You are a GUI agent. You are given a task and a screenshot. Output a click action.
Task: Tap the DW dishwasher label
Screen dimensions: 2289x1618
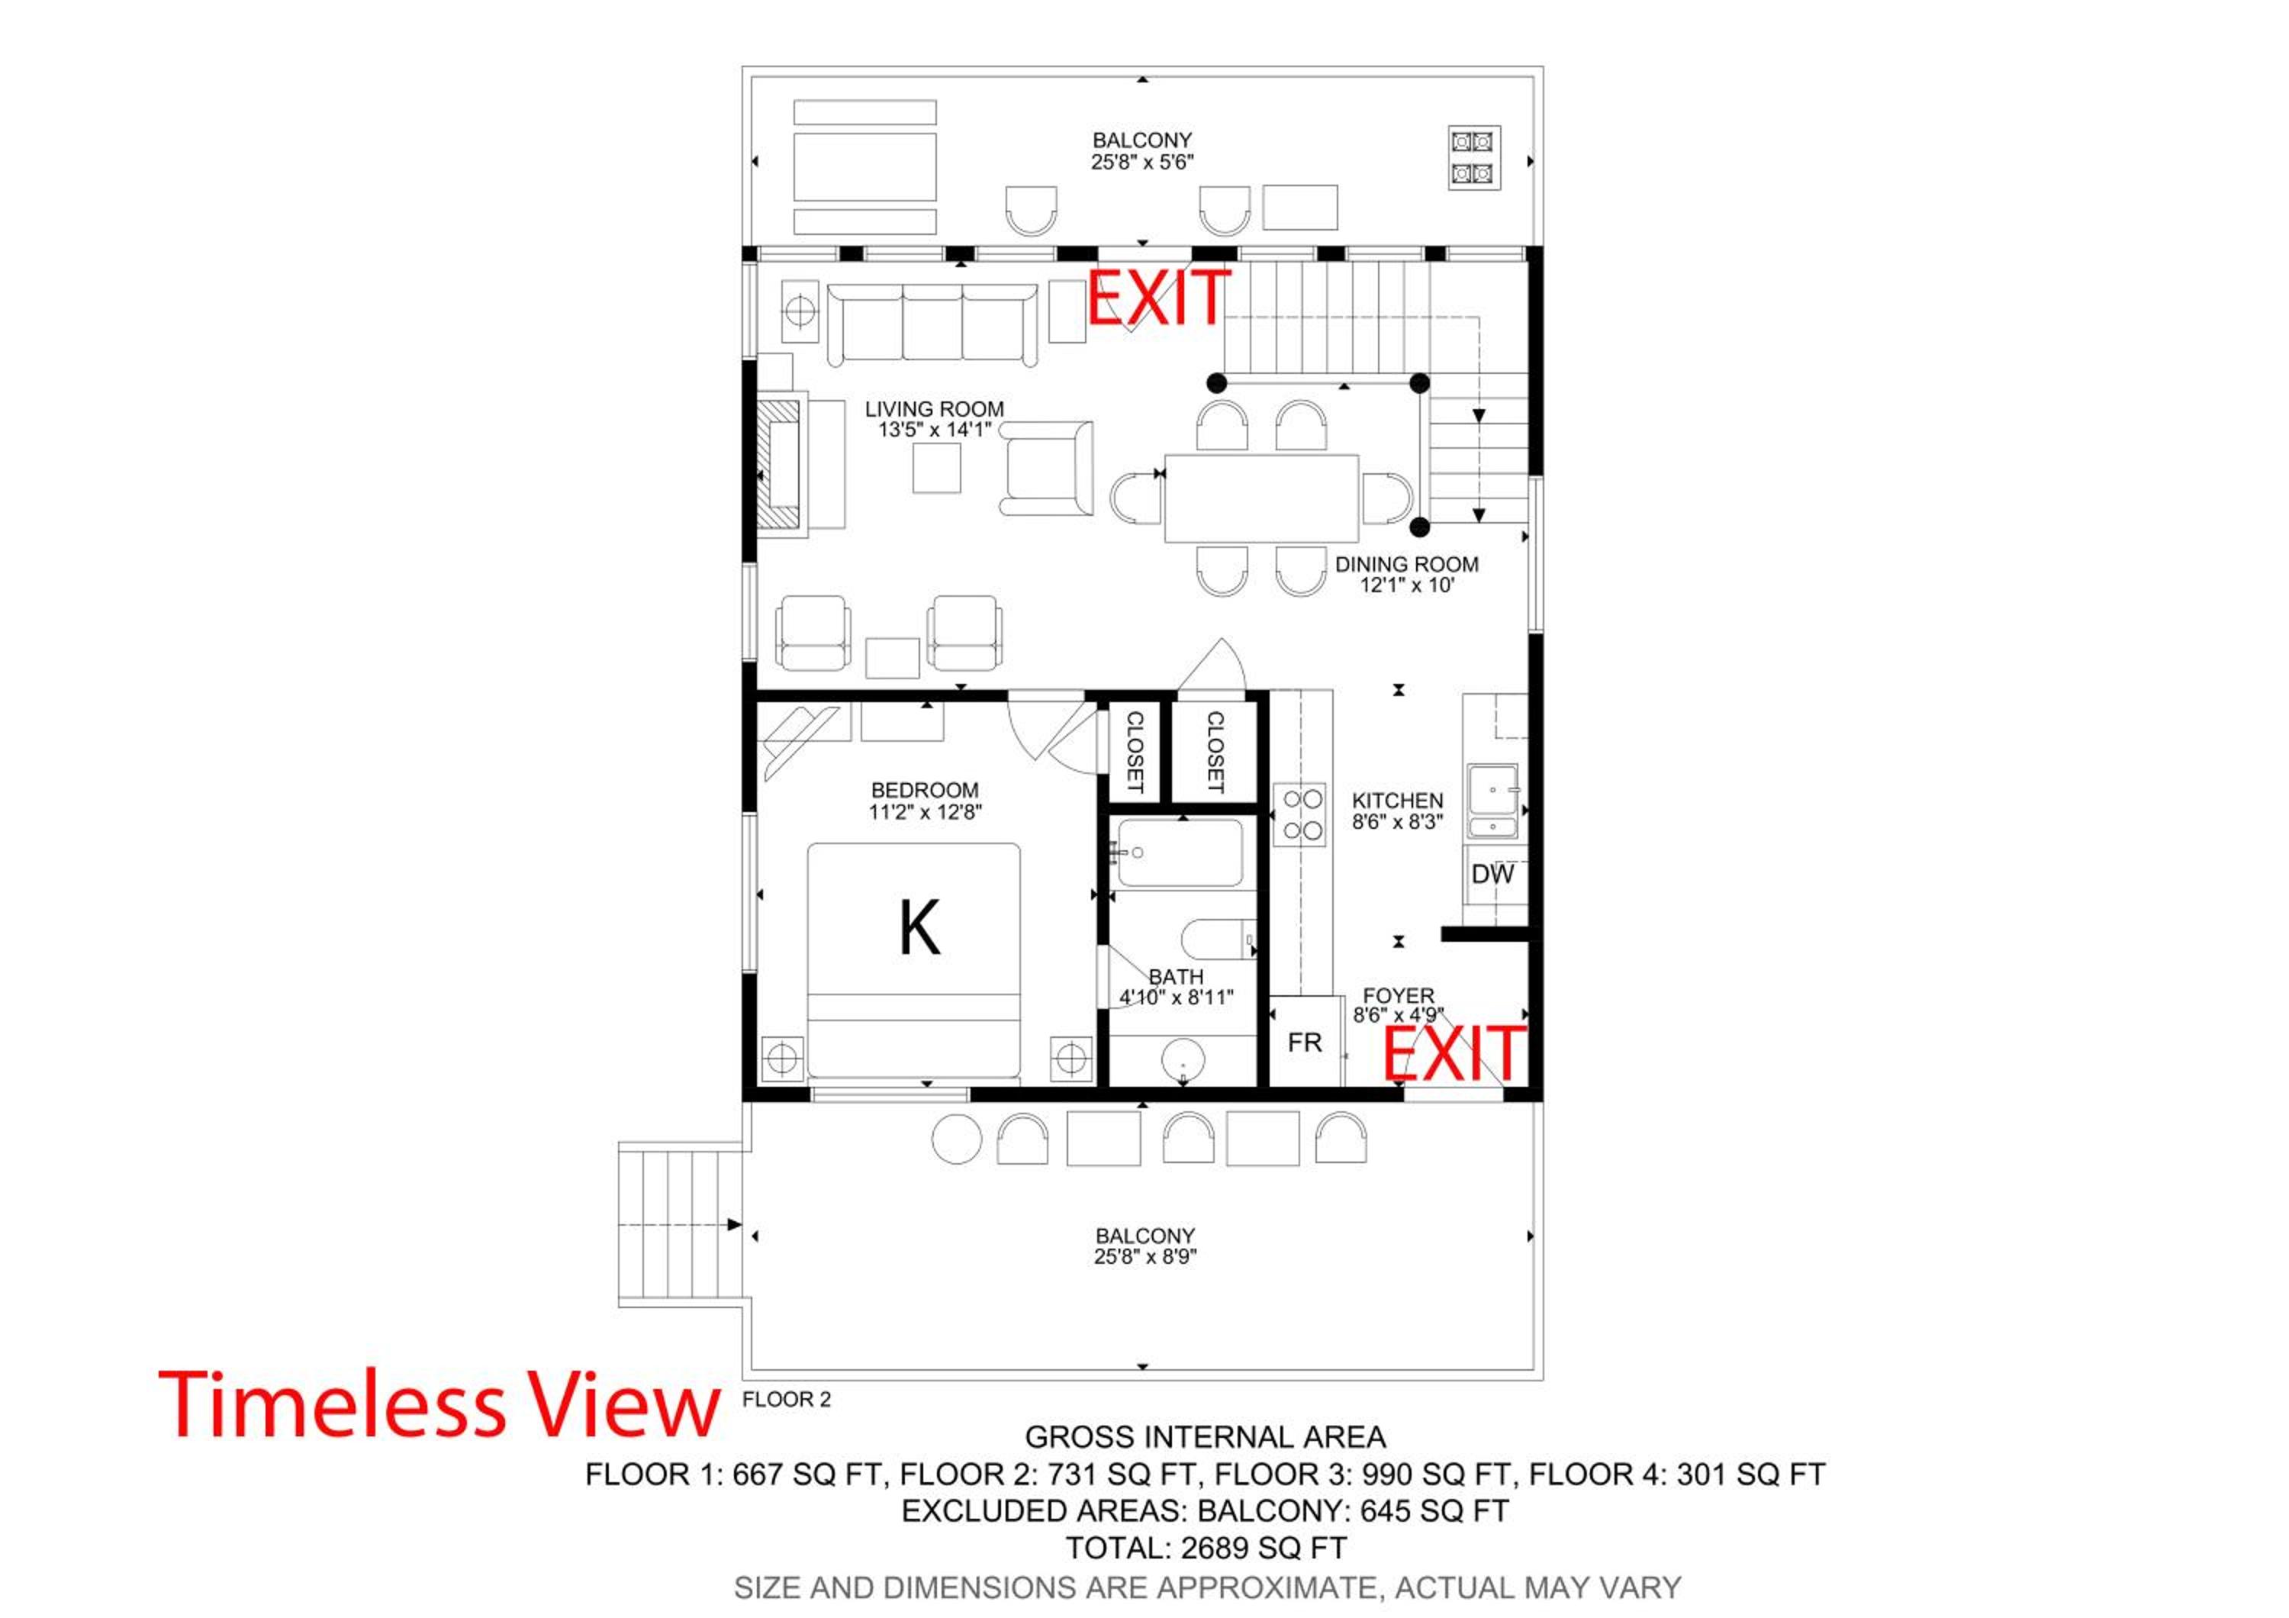1492,875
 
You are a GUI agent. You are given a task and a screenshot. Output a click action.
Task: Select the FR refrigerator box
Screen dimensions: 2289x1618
1305,1042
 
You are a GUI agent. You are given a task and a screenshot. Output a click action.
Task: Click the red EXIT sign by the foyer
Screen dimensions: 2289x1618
1454,1054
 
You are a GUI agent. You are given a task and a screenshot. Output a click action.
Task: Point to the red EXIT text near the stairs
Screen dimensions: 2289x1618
1158,297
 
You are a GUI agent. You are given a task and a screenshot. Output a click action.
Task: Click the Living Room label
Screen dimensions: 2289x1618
934,419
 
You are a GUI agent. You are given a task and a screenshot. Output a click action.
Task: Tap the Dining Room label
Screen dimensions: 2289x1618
1407,574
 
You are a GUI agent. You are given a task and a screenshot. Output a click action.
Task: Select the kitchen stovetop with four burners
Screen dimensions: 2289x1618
1301,814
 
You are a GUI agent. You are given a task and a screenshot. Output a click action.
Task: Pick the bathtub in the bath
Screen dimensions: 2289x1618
1180,853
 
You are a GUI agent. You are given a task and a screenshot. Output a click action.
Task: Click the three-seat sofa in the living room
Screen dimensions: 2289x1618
932,323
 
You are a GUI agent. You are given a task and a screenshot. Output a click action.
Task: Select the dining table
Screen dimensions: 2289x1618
1261,498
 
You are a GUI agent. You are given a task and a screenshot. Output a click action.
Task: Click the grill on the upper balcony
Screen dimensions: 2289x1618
1474,157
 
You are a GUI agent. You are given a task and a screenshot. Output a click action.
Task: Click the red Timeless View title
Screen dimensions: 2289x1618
439,1404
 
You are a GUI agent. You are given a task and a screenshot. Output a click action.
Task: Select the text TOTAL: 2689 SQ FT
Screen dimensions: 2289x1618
1206,1549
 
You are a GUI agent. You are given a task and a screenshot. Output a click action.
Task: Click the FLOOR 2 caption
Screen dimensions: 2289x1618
787,1400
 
